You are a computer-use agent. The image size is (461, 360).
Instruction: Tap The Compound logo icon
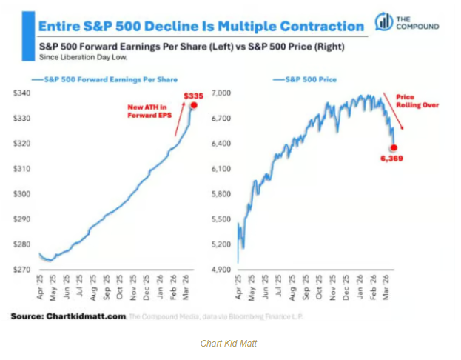click(384, 21)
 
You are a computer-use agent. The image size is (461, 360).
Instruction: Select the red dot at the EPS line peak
click(193, 105)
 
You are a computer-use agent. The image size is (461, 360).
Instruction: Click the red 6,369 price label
click(393, 159)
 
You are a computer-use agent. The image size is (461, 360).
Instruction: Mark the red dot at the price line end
click(394, 147)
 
